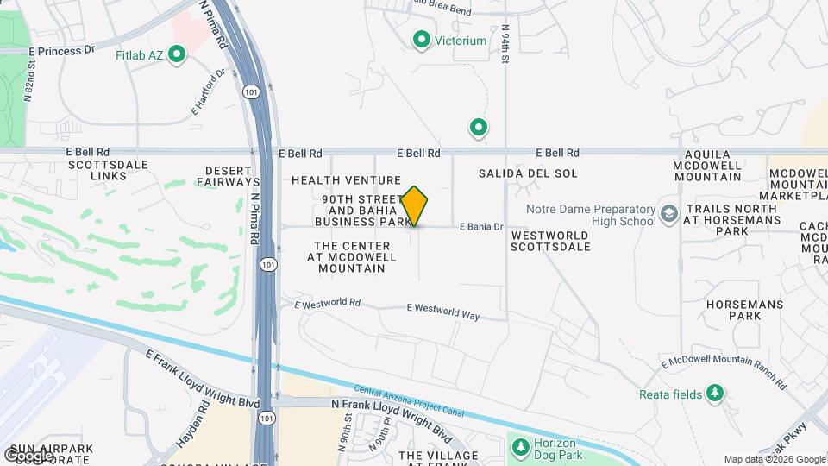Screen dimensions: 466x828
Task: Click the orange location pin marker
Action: pos(415,205)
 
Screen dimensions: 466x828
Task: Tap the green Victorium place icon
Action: pos(422,40)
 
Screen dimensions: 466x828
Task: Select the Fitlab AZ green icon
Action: pos(178,56)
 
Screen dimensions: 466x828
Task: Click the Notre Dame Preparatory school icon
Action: pos(668,213)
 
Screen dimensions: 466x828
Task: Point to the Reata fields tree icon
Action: pos(714,394)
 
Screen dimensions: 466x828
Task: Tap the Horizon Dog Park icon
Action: pos(520,447)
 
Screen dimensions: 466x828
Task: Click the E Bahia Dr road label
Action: pos(481,227)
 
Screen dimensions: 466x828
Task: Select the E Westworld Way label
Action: pos(442,312)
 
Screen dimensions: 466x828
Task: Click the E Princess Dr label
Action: pos(61,51)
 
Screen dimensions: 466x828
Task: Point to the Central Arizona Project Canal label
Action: pos(409,401)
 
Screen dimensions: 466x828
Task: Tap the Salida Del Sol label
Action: pos(528,173)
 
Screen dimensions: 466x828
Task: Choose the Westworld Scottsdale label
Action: pos(550,241)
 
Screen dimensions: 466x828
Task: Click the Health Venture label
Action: pos(346,180)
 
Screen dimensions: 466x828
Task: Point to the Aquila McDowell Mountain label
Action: pos(712,165)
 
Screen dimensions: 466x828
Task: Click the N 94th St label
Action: pos(507,37)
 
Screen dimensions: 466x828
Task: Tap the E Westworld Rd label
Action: pos(327,305)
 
